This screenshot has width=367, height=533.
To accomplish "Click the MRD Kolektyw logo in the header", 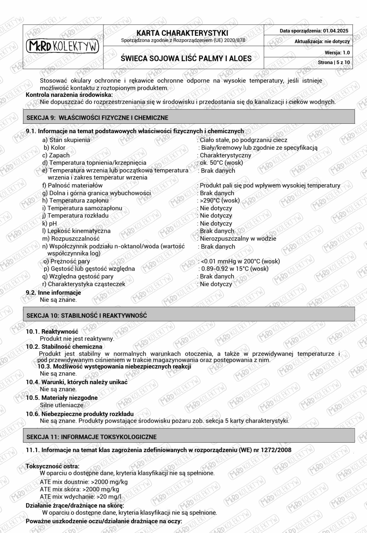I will [x=63, y=46].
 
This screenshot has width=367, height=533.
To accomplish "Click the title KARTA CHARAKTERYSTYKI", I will [x=182, y=33].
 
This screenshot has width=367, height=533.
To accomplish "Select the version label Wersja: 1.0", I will [x=337, y=53].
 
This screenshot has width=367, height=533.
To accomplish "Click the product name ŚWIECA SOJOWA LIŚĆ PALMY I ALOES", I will [x=186, y=58].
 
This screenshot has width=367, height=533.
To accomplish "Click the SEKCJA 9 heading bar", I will [x=189, y=118].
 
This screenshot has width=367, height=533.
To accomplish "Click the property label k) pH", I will [x=50, y=223].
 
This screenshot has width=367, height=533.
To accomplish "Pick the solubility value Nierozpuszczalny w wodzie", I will [x=238, y=239].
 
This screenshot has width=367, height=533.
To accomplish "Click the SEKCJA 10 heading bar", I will [x=189, y=315].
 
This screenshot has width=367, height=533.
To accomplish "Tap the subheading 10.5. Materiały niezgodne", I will [x=61, y=398].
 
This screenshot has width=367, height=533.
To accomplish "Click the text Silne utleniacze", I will [x=62, y=405].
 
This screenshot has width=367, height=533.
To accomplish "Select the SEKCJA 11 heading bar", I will [x=189, y=437].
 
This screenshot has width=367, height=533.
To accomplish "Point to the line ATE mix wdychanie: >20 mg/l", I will [x=80, y=497].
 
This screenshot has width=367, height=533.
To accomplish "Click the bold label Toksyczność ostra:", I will [x=53, y=466].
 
